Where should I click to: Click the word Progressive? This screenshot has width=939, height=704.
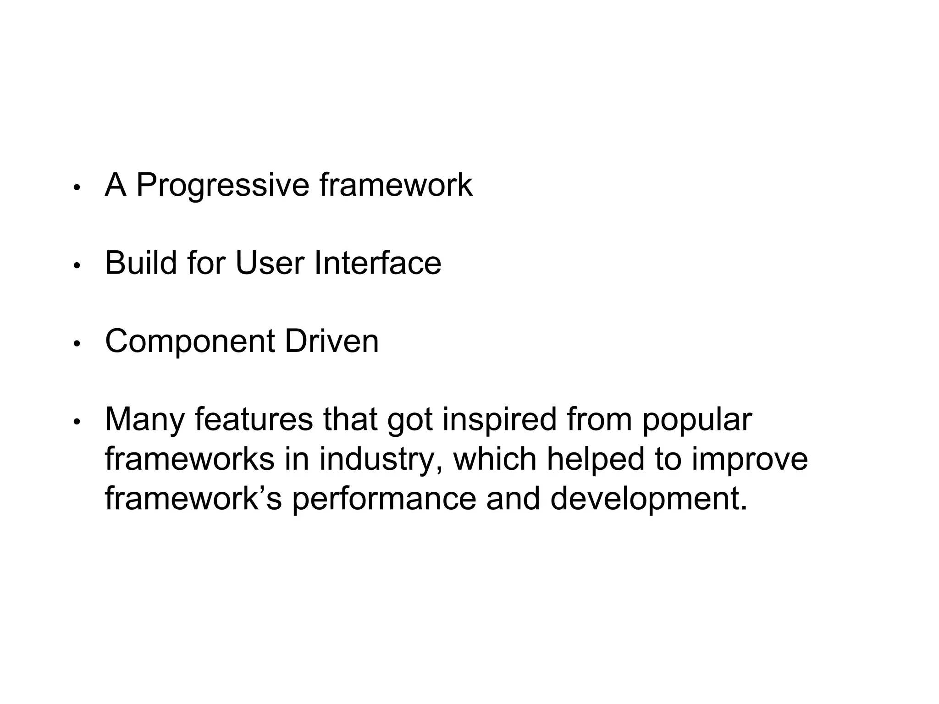click(223, 186)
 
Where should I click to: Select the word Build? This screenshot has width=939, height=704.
click(141, 263)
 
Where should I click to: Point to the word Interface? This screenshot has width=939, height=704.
click(377, 263)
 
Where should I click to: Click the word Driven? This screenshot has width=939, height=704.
click(331, 341)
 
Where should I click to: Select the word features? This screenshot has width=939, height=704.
click(254, 419)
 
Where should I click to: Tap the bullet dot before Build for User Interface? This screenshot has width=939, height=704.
click(77, 265)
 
